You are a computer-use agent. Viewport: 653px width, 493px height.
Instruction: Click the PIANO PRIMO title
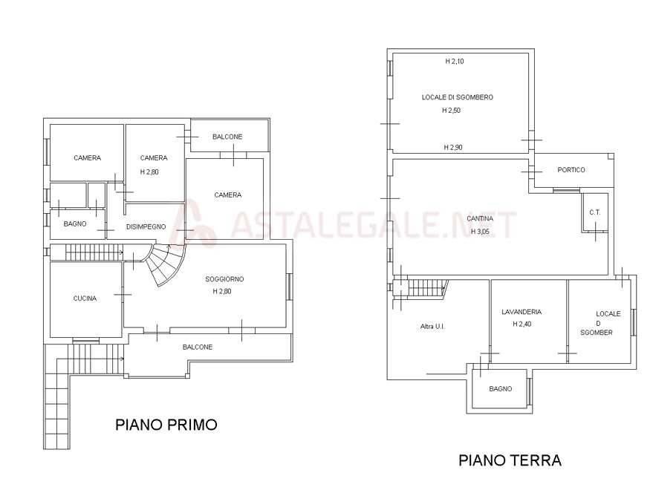(166, 425)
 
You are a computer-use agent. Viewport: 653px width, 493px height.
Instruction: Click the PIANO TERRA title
(510, 460)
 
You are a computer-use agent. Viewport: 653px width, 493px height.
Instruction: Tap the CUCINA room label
(85, 298)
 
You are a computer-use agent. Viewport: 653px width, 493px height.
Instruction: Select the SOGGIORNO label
(224, 279)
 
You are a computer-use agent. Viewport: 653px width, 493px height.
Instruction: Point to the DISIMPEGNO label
(146, 227)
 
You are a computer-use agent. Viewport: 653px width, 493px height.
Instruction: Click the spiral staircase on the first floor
(163, 263)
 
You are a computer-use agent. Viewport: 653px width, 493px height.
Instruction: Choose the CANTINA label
(480, 218)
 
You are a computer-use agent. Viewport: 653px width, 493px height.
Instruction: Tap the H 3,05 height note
(480, 232)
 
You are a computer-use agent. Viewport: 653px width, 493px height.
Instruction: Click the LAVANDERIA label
(522, 312)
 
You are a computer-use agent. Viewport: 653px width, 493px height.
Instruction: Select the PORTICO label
(571, 170)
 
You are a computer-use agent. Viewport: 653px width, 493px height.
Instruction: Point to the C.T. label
(595, 212)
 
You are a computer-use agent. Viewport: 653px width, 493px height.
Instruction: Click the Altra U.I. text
(432, 327)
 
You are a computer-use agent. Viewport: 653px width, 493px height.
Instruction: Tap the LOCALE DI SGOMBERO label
(458, 97)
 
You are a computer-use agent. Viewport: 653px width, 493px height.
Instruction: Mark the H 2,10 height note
(455, 61)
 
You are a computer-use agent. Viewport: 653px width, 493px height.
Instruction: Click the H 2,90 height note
(452, 148)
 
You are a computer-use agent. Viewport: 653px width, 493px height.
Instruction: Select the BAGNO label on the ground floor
(500, 389)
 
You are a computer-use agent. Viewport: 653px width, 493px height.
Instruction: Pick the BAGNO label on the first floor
(75, 224)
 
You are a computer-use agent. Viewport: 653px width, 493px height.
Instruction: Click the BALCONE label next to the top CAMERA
(227, 137)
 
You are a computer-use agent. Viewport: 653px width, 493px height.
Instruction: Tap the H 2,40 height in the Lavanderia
(522, 324)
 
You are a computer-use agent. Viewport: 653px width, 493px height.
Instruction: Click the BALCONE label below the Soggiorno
(198, 347)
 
